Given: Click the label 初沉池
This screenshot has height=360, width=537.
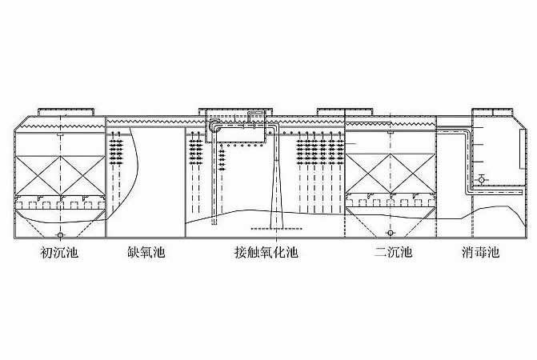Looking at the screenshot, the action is (59, 253).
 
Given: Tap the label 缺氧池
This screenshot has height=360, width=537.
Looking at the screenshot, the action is (146, 253).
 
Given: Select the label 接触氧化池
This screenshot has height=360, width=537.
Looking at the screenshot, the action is (266, 253).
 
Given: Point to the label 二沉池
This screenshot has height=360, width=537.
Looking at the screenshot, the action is (393, 253).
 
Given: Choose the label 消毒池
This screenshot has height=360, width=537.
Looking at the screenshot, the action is (480, 253).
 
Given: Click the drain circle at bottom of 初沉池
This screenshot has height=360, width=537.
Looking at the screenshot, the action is (60, 235).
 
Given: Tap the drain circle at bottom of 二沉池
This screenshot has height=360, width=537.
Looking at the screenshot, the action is (391, 233).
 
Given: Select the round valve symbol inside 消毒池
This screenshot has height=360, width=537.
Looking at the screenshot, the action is (481, 179).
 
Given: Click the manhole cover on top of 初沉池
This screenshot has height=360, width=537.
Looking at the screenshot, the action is (66, 112).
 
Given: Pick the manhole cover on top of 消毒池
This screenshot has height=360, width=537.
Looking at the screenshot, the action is (492, 112).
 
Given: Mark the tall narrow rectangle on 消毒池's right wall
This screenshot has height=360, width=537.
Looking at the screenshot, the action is (522, 149).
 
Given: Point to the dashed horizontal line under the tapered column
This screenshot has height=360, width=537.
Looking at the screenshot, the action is (277, 229).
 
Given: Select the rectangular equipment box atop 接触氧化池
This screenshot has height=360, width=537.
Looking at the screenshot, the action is (236, 126).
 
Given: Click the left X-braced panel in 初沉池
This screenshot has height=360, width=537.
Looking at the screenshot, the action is (38, 176).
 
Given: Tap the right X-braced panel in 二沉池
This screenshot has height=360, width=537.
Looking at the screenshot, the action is (413, 173).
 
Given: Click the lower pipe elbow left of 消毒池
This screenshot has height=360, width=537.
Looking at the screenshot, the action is (468, 190).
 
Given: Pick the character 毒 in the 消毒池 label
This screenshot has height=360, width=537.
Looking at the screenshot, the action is (480, 253).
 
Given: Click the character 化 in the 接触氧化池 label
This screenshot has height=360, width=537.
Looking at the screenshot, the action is (279, 253).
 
